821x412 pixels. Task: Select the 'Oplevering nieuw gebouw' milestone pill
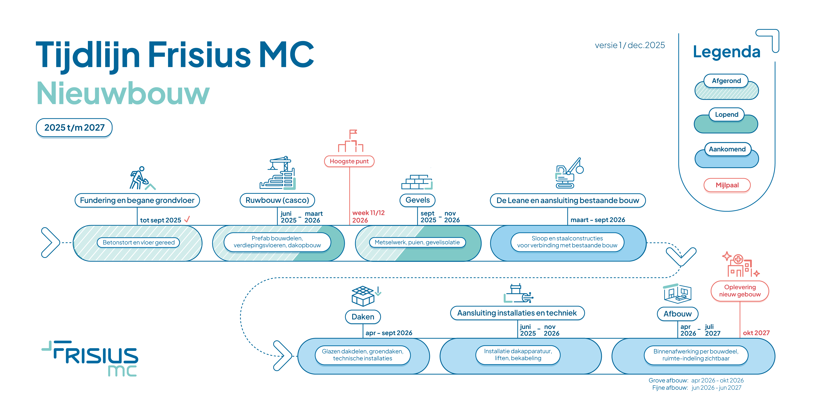pyautogui.click(x=740, y=291)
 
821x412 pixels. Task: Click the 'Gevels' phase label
pyautogui.click(x=418, y=200)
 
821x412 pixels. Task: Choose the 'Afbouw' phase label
pyautogui.click(x=678, y=314)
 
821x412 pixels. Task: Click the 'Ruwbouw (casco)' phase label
pyautogui.click(x=277, y=200)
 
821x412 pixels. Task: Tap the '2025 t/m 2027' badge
pyautogui.click(x=74, y=128)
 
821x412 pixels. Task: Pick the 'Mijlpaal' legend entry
pyautogui.click(x=727, y=185)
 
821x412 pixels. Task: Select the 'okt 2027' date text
pyautogui.click(x=756, y=333)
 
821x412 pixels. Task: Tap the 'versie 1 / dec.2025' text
pyautogui.click(x=630, y=45)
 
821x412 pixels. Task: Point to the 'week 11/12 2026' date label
pyautogui.click(x=368, y=216)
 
